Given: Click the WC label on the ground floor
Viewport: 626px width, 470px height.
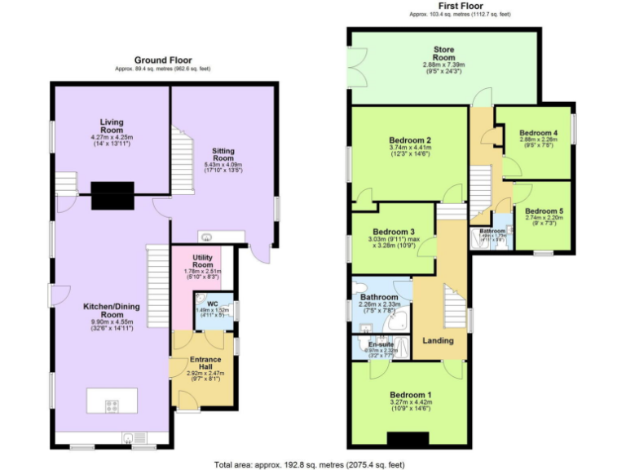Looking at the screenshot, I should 212,304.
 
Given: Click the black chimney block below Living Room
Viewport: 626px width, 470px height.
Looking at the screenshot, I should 112,193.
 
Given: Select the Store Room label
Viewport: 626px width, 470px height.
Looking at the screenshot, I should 443,54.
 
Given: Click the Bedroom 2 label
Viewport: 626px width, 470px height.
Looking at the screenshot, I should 410,140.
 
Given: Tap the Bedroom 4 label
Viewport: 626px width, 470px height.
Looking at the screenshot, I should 538,133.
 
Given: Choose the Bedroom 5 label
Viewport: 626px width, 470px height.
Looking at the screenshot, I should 544,211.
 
